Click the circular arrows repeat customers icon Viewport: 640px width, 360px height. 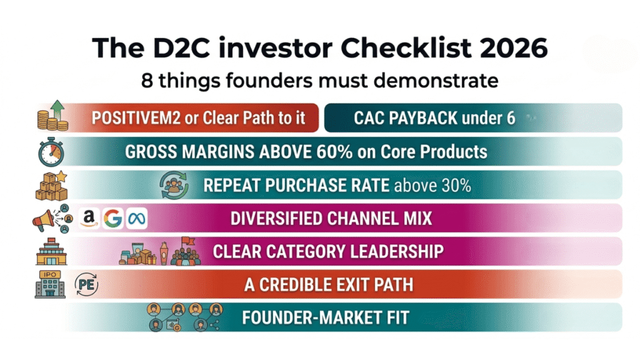[174, 185]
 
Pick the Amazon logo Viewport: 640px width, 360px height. [89, 218]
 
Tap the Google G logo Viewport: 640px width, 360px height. [113, 218]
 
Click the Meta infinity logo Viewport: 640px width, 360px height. [136, 218]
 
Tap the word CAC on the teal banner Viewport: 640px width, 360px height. [369, 118]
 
